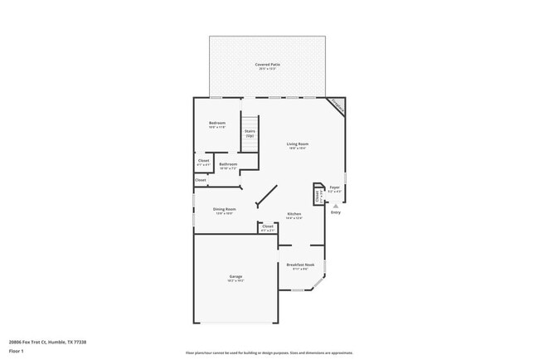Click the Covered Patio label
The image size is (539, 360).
click(267, 64)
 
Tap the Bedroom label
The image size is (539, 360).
click(217, 124)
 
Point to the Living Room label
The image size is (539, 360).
click(297, 144)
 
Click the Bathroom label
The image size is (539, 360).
click(228, 163)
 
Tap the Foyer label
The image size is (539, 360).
click(334, 187)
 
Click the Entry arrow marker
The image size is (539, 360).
click(335, 205)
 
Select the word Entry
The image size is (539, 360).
click(335, 213)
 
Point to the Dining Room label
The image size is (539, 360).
click(224, 209)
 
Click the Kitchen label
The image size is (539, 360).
click(294, 214)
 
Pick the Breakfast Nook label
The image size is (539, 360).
click(300, 265)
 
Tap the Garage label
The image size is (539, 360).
click(236, 276)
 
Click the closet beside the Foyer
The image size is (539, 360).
click(317, 195)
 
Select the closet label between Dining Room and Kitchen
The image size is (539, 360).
click(267, 226)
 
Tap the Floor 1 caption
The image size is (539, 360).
click(17, 351)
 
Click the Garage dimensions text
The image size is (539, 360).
click(236, 281)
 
